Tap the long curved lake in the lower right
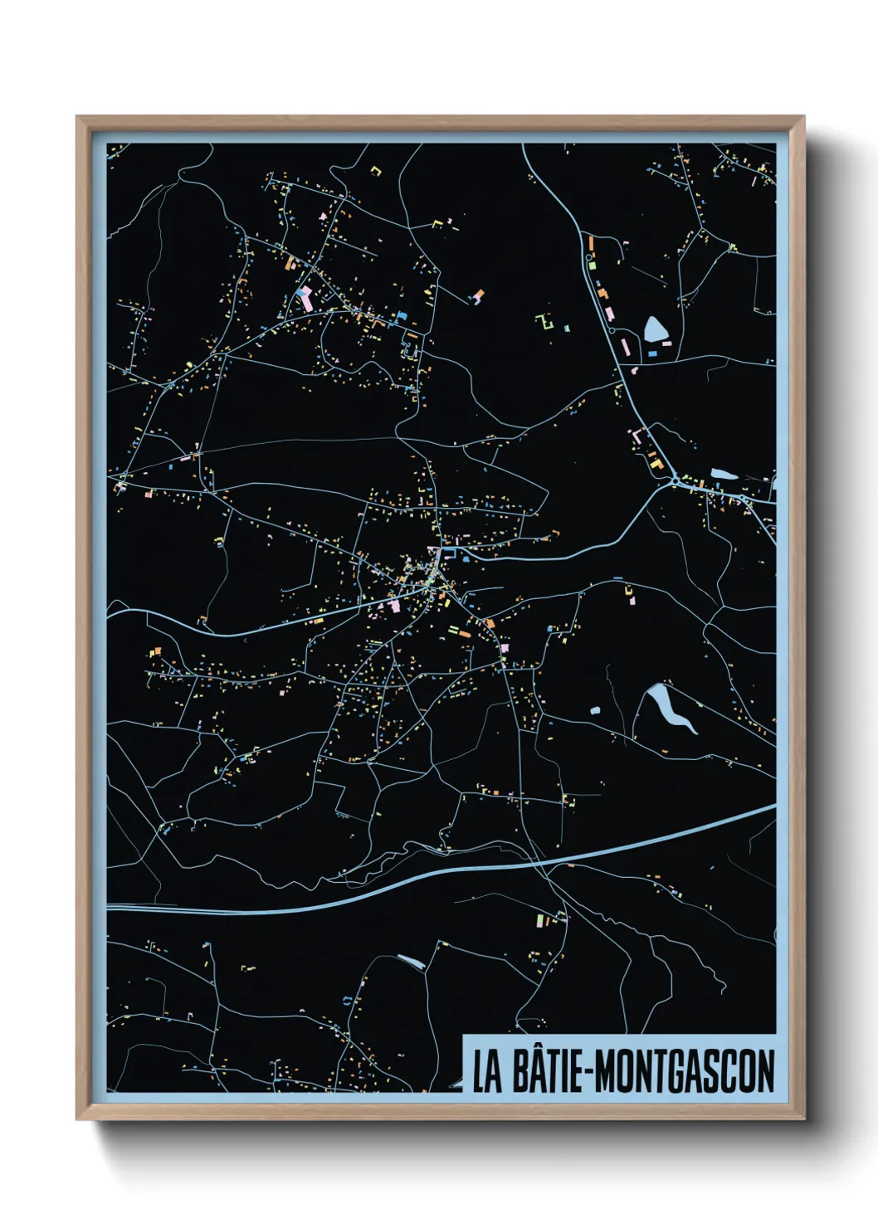(x=674, y=708)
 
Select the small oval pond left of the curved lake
(x=595, y=710)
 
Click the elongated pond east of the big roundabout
(x=722, y=474)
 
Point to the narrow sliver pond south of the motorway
(x=411, y=962)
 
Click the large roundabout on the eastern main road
(x=675, y=480)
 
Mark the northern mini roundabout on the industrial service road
(x=589, y=258)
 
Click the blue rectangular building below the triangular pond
(x=652, y=353)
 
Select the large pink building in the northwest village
(x=305, y=299)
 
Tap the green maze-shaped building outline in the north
(x=545, y=321)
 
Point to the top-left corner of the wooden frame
(x=77, y=117)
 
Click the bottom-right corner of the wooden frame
(x=803, y=1119)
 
